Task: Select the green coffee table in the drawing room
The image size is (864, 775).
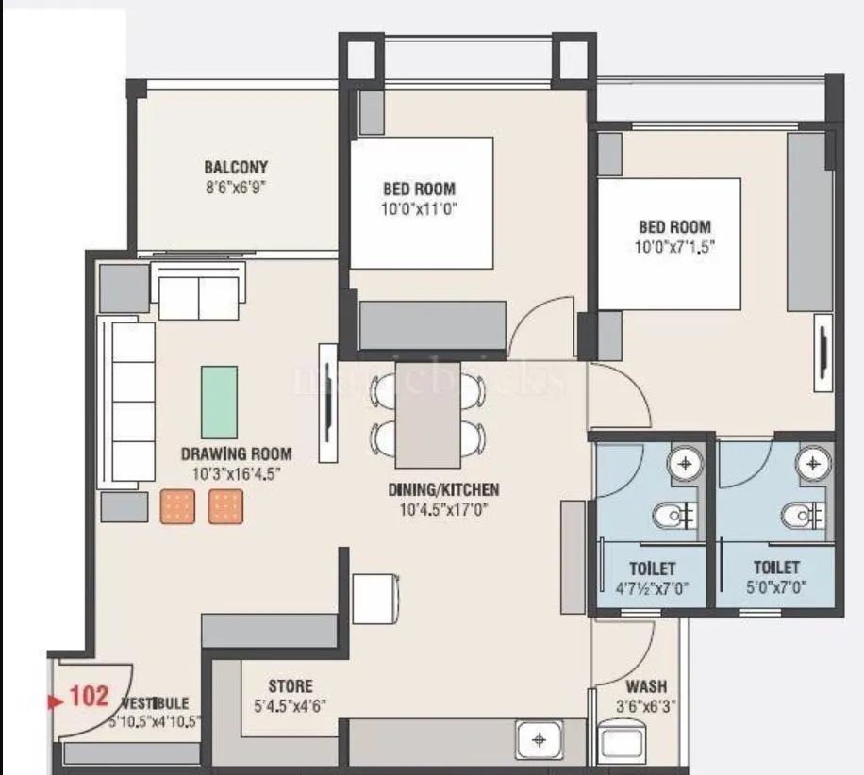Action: click(219, 402)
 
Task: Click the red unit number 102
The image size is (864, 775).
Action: click(90, 698)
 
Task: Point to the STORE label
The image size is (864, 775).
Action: click(290, 686)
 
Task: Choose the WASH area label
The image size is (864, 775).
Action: click(646, 687)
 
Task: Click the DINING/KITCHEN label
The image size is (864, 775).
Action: click(442, 490)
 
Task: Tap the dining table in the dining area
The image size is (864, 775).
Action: click(427, 415)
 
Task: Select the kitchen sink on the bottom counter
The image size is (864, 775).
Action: click(539, 741)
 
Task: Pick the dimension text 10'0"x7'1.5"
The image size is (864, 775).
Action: click(674, 247)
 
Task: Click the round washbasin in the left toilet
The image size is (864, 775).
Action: click(682, 463)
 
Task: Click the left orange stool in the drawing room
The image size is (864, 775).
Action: click(176, 507)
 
